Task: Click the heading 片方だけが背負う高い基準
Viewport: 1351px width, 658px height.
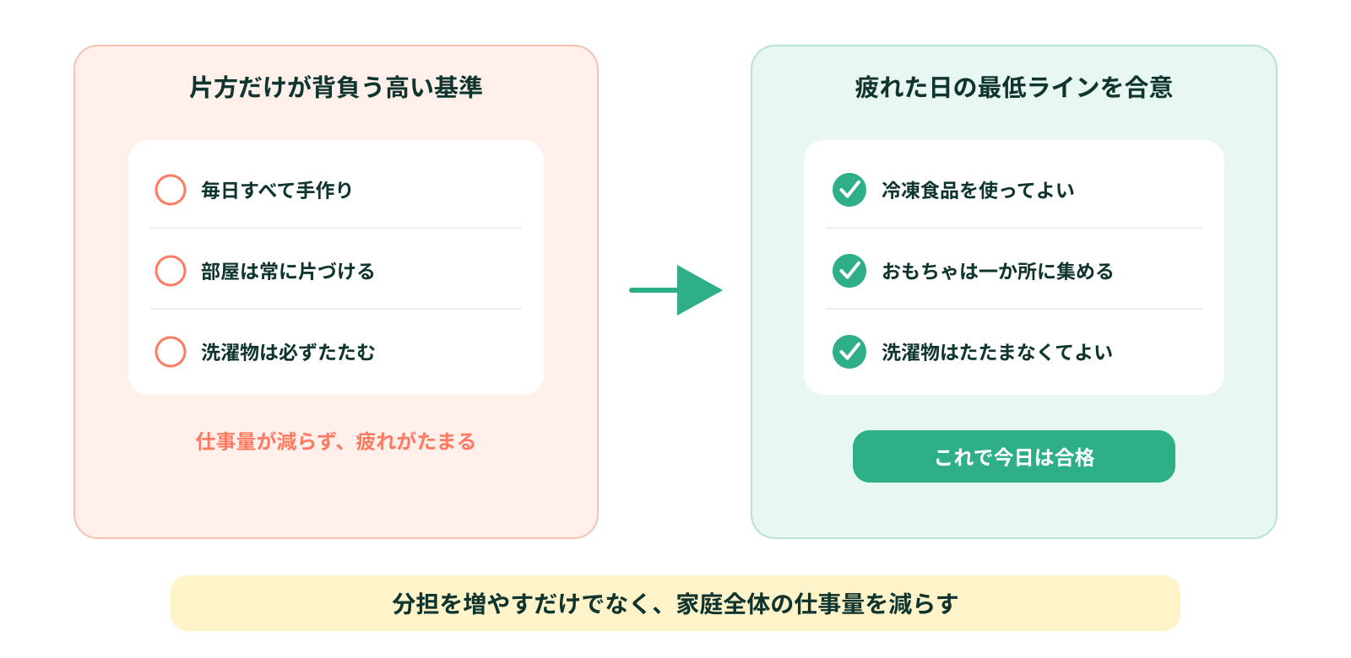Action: point(336,88)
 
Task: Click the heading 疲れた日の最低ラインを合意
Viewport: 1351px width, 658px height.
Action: point(1013,88)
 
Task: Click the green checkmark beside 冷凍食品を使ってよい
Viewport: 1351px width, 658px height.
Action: point(849,190)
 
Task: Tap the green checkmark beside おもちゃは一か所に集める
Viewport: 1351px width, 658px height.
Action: point(849,271)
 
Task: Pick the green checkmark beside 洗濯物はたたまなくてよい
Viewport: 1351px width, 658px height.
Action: point(849,352)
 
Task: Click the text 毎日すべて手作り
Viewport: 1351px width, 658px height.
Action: point(277,191)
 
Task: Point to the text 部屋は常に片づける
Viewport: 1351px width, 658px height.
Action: point(288,271)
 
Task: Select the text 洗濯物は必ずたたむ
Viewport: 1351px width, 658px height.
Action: point(288,352)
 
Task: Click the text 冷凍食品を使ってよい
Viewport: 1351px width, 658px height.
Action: point(978,191)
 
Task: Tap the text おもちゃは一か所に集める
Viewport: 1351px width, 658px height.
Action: point(997,271)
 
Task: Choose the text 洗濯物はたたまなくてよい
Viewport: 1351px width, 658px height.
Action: point(997,352)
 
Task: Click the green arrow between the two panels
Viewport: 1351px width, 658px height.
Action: point(675,290)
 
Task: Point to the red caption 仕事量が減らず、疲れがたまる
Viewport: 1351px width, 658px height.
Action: point(336,442)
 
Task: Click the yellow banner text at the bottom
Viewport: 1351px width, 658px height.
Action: point(675,604)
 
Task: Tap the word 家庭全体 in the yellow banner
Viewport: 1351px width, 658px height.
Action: point(723,604)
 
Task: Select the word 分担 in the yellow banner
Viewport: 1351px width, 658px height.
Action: point(415,604)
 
